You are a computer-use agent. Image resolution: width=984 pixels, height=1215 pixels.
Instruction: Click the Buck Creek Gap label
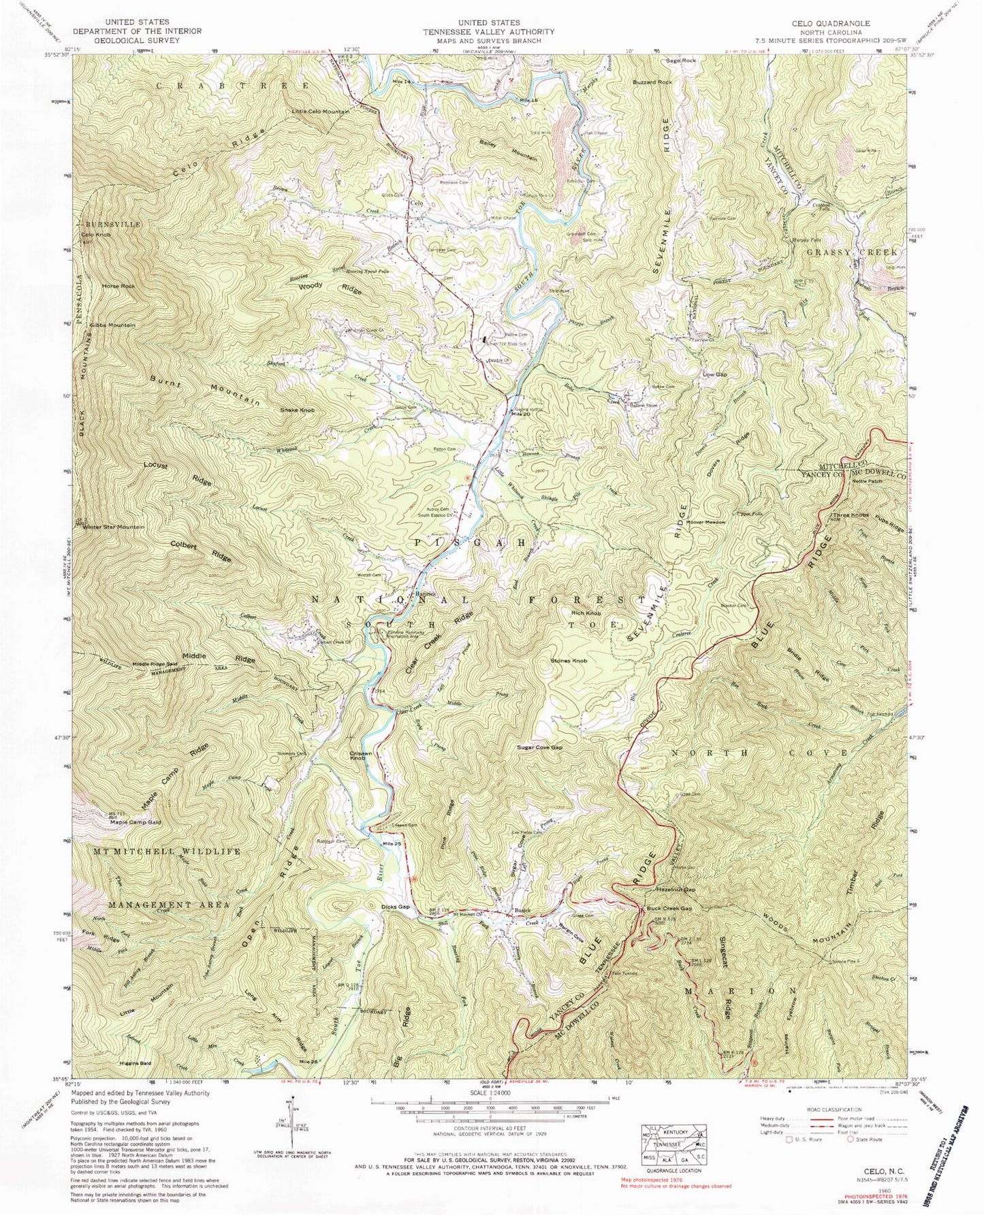[669, 909]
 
